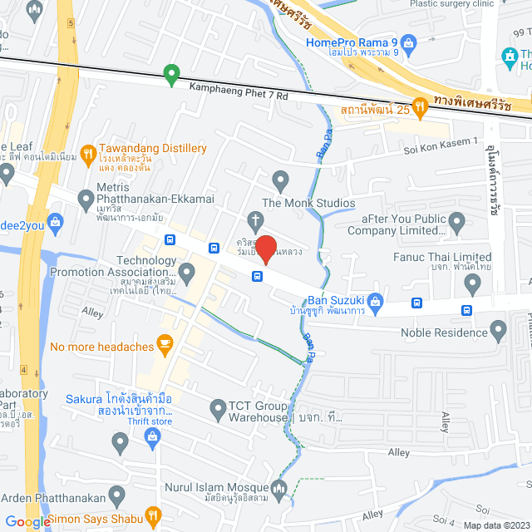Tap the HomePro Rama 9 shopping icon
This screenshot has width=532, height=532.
pos(407,42)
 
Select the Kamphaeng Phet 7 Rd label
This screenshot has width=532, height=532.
pos(238,96)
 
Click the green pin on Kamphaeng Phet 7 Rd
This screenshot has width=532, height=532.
pos(171,75)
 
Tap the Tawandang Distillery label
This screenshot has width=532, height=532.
pos(152,148)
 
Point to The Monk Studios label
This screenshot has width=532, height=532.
pos(308,203)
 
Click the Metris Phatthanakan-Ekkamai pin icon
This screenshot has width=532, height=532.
pos(86,199)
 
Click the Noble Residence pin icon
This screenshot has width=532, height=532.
pos(499,332)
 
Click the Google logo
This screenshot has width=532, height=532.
pos(27,521)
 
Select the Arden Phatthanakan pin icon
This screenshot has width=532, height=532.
pos(116,497)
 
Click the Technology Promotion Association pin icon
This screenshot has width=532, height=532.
pos(187,271)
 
